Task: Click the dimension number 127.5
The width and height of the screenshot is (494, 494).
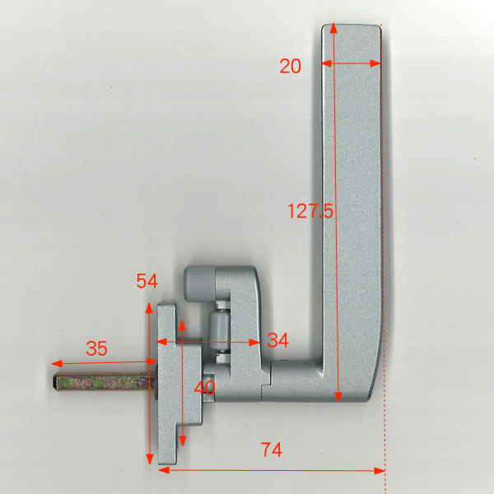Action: click(x=310, y=211)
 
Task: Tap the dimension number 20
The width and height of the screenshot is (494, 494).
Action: click(x=290, y=66)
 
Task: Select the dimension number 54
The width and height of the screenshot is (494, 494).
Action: click(x=147, y=281)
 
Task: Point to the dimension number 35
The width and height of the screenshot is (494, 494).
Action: click(x=96, y=348)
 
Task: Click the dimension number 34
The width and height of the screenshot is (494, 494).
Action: click(x=277, y=340)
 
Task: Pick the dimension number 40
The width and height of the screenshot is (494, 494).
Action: click(x=204, y=388)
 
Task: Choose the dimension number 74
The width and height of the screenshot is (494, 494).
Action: click(x=271, y=450)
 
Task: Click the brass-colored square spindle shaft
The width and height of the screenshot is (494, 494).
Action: click(x=104, y=382)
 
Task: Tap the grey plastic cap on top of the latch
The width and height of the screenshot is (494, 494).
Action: click(x=200, y=283)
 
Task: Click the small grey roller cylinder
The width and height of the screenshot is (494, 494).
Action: click(x=219, y=329)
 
